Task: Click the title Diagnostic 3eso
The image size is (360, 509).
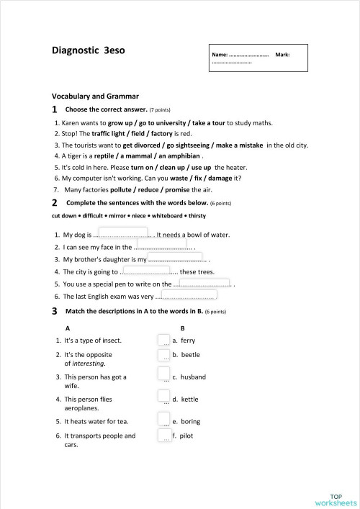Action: pos(88,51)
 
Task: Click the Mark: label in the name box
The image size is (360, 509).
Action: pos(283,55)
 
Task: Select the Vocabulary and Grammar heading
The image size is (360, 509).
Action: pos(95,96)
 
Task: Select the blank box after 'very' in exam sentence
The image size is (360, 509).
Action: pos(189,294)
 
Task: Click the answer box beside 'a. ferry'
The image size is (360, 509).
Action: pos(163,339)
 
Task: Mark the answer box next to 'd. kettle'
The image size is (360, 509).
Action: pos(163,396)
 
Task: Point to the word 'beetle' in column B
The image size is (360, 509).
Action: pos(190,355)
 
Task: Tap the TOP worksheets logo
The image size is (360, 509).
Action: pos(334,500)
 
